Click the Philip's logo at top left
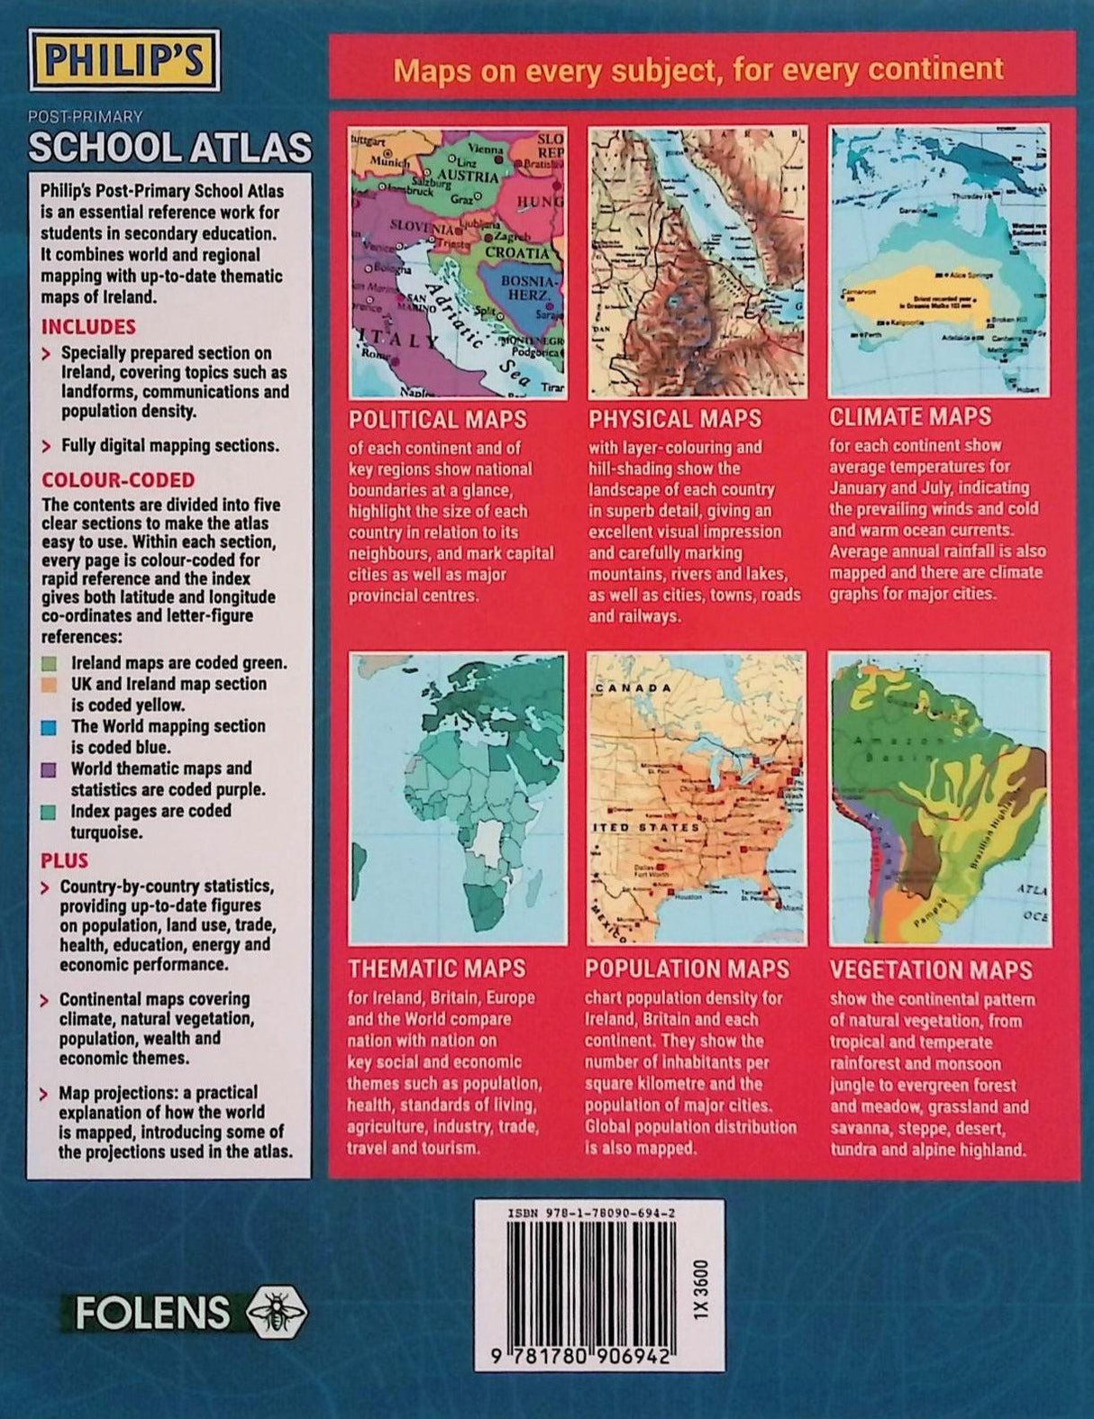click(123, 59)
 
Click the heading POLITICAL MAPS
click(438, 420)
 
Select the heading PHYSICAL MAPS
click(675, 419)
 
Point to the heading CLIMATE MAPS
click(910, 417)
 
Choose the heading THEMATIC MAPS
click(437, 969)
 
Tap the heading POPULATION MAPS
click(687, 969)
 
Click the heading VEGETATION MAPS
click(931, 970)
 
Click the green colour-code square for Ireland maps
click(50, 664)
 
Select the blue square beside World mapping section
click(50, 726)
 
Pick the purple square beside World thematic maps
click(50, 769)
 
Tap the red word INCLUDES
click(88, 327)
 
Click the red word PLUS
click(65, 860)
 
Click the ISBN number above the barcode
click(592, 1213)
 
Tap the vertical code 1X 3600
click(703, 1290)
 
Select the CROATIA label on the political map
click(517, 253)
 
